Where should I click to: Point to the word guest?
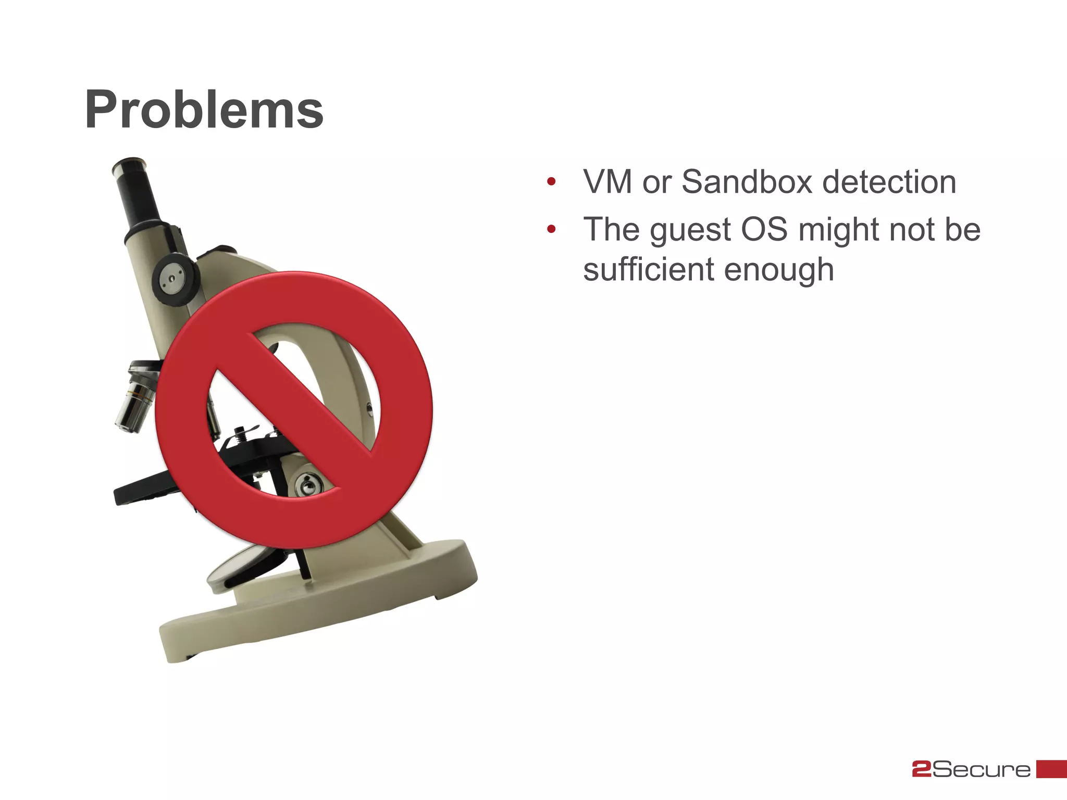tap(690, 230)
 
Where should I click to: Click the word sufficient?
tap(648, 269)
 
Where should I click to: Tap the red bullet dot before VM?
tap(551, 182)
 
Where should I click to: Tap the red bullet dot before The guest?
tap(551, 229)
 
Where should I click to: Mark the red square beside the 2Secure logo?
tap(1051, 769)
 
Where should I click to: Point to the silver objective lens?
tap(134, 401)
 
